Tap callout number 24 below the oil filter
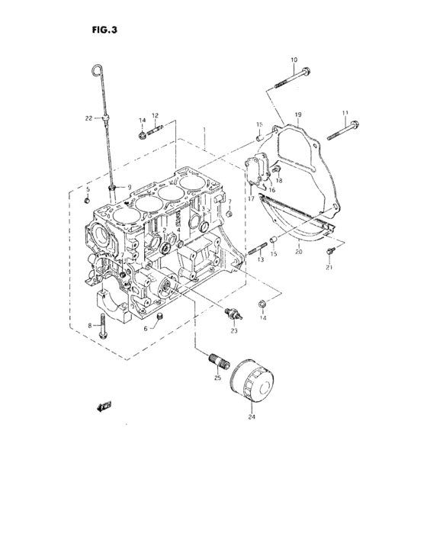tap(252, 417)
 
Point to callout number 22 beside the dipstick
tap(88, 117)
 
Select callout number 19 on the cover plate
tap(298, 115)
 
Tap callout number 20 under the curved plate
tap(298, 250)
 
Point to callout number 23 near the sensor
tap(234, 330)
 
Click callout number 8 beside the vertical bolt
tap(90, 326)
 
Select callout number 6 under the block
tap(145, 329)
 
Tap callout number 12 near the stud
tap(155, 116)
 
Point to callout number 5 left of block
tap(87, 188)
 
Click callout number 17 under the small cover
tap(250, 198)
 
